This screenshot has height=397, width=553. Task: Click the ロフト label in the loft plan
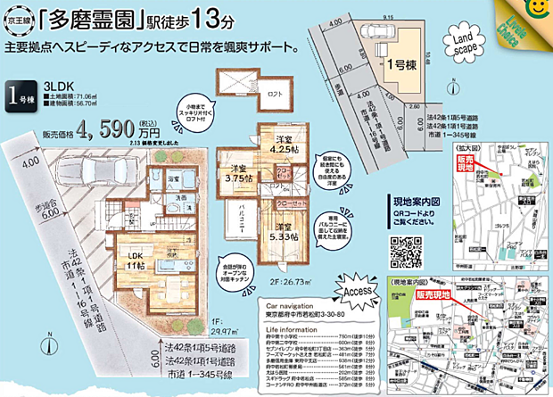pos(276,94)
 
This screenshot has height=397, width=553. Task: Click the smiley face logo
pos(538,9)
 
